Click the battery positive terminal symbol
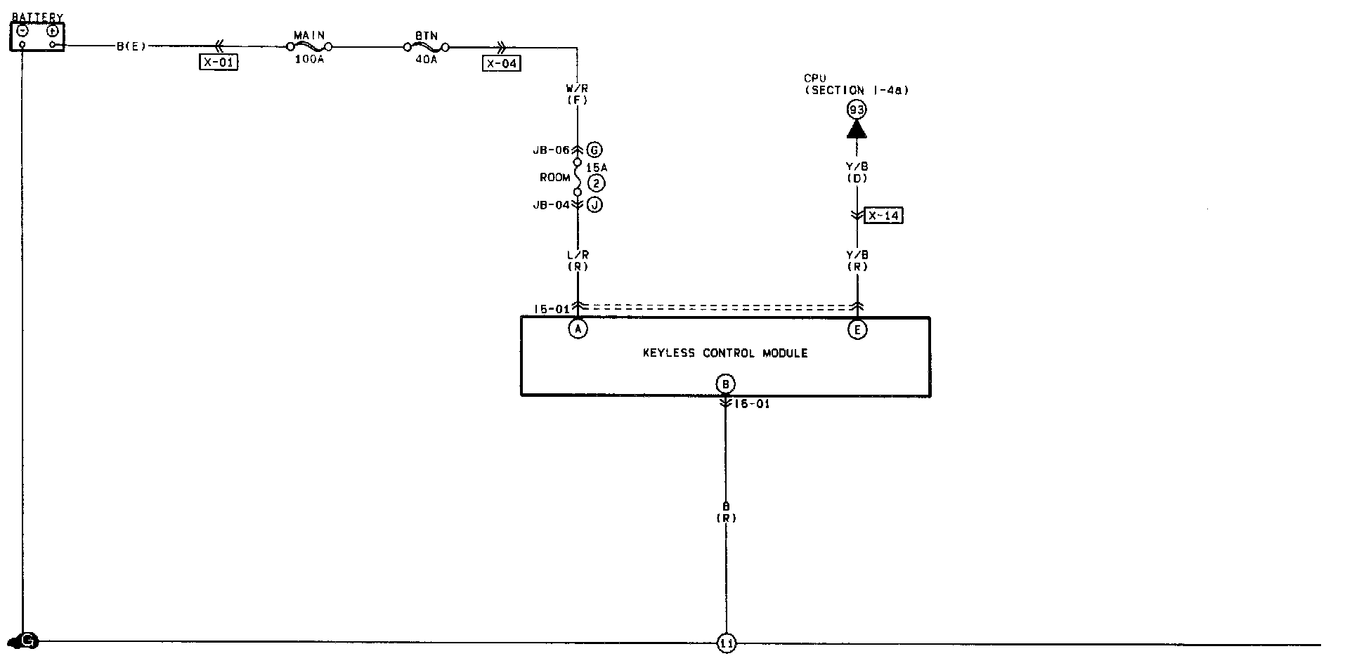pyautogui.click(x=53, y=31)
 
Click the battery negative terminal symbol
pyautogui.click(x=22, y=31)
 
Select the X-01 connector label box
pyautogui.click(x=219, y=63)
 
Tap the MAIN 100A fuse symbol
pyautogui.click(x=309, y=47)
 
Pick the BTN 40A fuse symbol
pyautogui.click(x=427, y=47)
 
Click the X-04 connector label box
pyautogui.click(x=502, y=63)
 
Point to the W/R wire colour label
pyautogui.click(x=577, y=88)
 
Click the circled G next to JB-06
pyautogui.click(x=594, y=150)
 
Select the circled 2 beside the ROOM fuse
pyautogui.click(x=596, y=184)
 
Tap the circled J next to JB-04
pyautogui.click(x=594, y=205)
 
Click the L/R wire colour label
pyautogui.click(x=577, y=255)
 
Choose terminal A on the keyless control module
pyautogui.click(x=578, y=329)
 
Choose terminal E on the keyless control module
pyautogui.click(x=857, y=329)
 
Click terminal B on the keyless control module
pyautogui.click(x=725, y=384)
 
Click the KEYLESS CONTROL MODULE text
pyautogui.click(x=725, y=353)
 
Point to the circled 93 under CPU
pyautogui.click(x=856, y=110)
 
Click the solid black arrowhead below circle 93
pyautogui.click(x=856, y=129)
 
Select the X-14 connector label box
pyautogui.click(x=883, y=216)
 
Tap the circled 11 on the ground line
pyautogui.click(x=727, y=643)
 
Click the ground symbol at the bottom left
pyautogui.click(x=27, y=641)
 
